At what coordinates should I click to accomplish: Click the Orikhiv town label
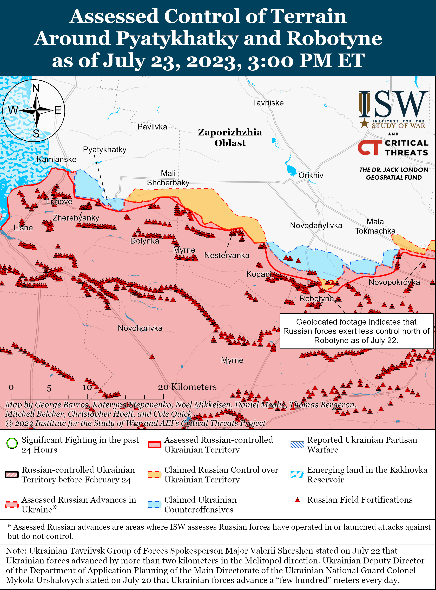coord(311,176)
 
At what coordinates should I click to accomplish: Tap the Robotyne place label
coord(316,299)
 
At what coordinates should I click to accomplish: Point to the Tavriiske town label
coord(268,103)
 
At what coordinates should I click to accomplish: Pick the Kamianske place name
coord(56,159)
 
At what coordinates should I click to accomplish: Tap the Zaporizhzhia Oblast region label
coord(230,137)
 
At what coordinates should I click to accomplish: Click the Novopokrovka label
coord(394,282)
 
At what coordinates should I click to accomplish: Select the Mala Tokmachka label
coord(375,226)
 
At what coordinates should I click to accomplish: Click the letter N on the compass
coord(36,88)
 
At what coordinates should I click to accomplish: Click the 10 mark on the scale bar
coord(87,387)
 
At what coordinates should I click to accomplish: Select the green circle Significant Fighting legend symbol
coord(12,443)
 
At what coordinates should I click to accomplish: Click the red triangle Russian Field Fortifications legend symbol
coord(298,500)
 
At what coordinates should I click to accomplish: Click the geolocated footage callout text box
coord(356,331)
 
